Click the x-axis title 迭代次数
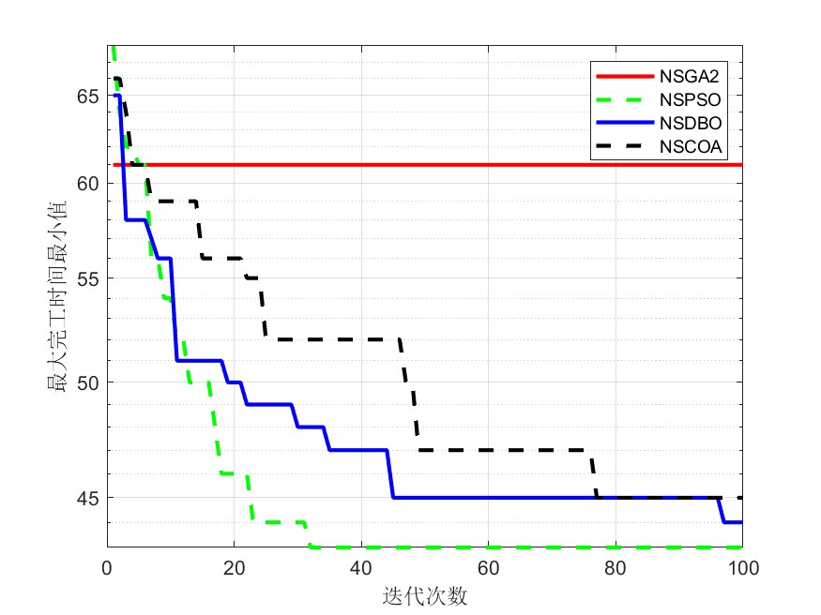coord(425,595)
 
